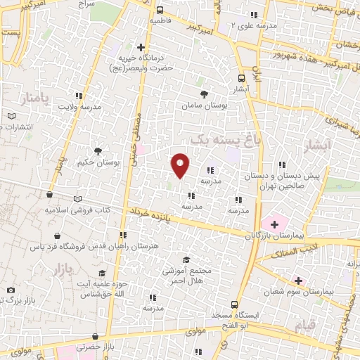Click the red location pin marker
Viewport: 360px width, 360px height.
point(181,165)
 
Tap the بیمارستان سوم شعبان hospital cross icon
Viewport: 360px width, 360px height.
point(299,280)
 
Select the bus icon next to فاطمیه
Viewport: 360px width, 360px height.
point(160,10)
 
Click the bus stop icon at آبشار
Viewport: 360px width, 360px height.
point(241,78)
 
